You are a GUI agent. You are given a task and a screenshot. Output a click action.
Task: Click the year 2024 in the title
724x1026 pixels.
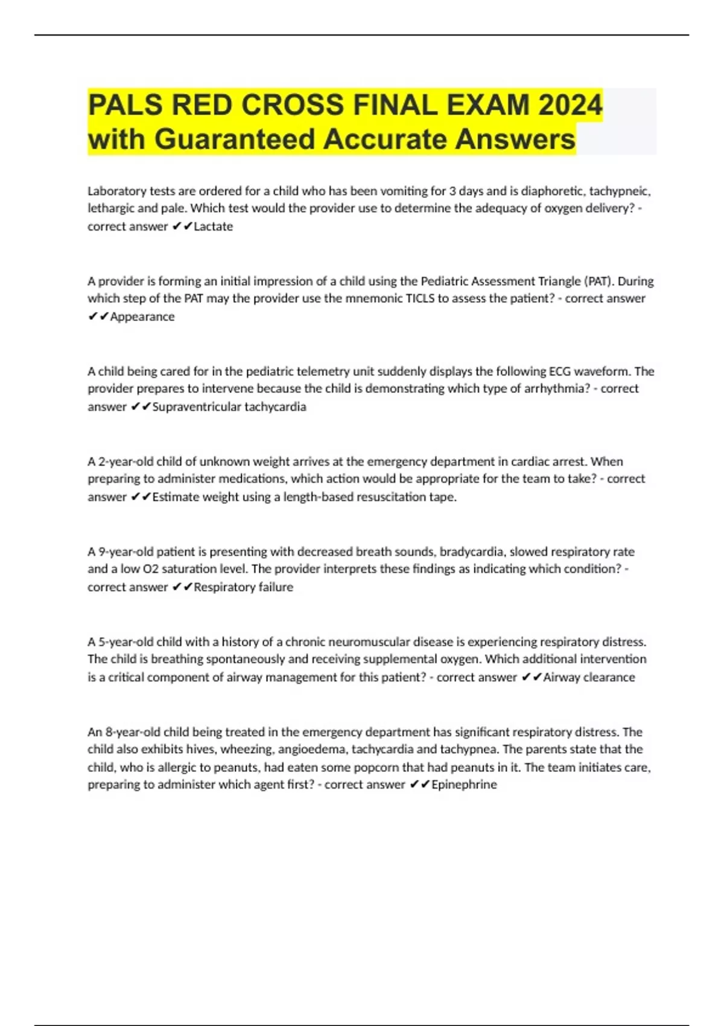[570, 105]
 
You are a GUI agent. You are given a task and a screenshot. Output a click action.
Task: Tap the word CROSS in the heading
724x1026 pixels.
[292, 105]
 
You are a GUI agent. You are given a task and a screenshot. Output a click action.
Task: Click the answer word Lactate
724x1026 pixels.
[213, 226]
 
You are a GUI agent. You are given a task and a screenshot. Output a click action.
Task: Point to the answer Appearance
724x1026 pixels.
[142, 316]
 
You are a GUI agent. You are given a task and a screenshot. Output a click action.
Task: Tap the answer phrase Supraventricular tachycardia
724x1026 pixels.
[229, 407]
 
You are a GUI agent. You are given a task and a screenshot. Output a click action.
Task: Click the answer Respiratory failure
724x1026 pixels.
[243, 587]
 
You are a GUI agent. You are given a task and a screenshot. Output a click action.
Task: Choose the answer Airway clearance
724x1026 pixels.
[589, 677]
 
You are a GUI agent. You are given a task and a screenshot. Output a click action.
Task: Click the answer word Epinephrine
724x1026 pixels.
[464, 785]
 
